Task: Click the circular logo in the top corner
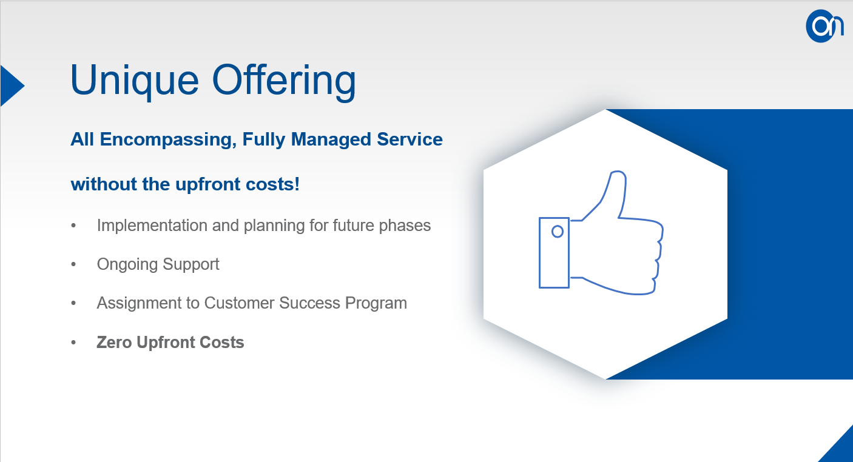point(824,26)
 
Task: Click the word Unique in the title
point(135,81)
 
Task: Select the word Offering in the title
point(284,81)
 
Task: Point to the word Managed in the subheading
point(331,139)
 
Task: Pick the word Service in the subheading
point(410,139)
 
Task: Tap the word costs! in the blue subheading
point(272,184)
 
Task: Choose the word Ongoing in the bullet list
point(127,264)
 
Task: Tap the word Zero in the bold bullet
point(114,342)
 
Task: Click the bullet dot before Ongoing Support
point(73,264)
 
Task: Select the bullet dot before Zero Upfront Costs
point(73,343)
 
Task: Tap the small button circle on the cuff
point(558,232)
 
